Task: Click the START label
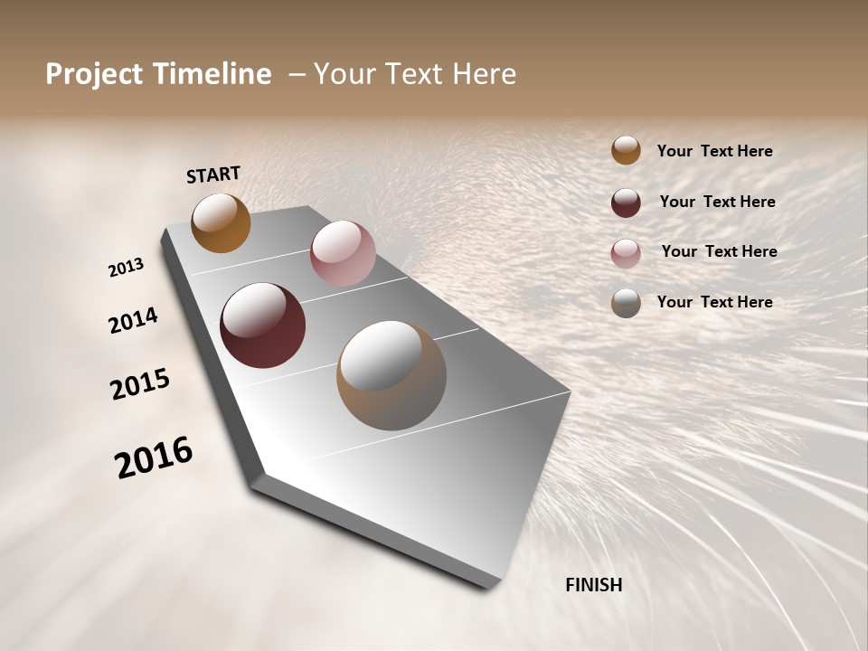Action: tap(213, 175)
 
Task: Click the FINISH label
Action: tap(593, 585)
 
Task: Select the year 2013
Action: tap(126, 268)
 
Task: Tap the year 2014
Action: tap(133, 321)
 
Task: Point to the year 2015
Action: tap(140, 384)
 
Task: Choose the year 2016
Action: tap(154, 458)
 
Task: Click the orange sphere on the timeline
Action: tap(221, 223)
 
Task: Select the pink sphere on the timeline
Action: tap(343, 253)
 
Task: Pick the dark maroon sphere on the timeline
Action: tap(262, 325)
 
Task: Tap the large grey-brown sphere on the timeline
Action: tap(392, 375)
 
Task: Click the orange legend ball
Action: tap(626, 150)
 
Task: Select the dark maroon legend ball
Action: tap(626, 203)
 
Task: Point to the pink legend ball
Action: tap(626, 253)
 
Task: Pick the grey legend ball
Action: tap(626, 303)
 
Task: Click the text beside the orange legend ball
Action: tap(714, 152)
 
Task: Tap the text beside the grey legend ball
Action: tap(714, 302)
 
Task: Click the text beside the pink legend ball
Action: tap(719, 251)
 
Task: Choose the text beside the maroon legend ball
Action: tap(717, 202)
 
